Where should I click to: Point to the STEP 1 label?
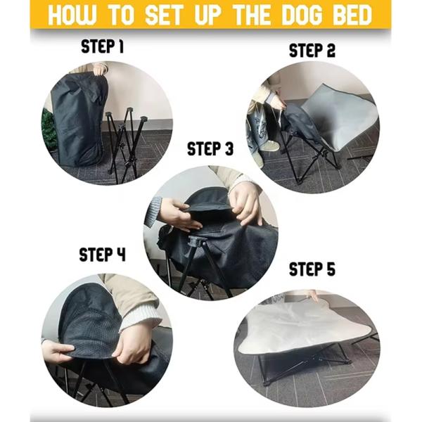coord(103,47)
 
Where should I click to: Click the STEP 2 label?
coord(312,51)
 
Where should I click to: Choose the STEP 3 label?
coord(210,149)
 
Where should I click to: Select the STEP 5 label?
coord(312,270)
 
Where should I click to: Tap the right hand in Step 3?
coord(245,200)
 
